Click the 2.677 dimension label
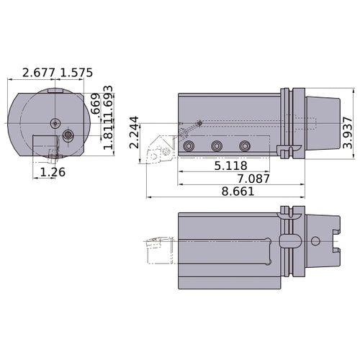click(40, 73)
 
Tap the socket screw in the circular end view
click(68, 135)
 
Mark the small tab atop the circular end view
click(55, 91)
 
